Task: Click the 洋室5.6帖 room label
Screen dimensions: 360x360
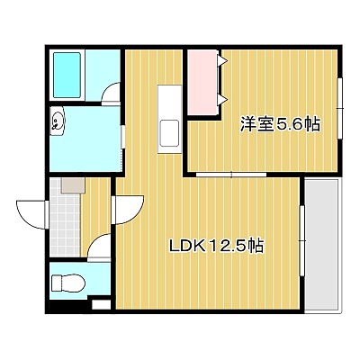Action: click(280, 124)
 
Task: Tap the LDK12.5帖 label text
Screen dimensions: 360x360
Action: click(217, 246)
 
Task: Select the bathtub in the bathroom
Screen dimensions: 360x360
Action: click(67, 75)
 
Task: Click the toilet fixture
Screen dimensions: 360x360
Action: click(68, 283)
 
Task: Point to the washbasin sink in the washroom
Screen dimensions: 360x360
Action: click(58, 121)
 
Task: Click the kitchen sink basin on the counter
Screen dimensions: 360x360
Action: click(169, 132)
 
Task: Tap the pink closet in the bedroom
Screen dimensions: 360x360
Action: click(202, 82)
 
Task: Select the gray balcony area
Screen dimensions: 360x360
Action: click(321, 245)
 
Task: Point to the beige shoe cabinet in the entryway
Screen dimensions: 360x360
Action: click(73, 185)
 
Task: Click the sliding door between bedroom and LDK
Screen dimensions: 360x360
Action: click(231, 175)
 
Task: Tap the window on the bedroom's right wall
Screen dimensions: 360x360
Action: click(340, 108)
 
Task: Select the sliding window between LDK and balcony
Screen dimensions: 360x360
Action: click(302, 240)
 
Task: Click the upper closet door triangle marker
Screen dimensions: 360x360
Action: click(224, 61)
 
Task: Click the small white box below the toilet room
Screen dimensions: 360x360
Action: click(101, 305)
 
